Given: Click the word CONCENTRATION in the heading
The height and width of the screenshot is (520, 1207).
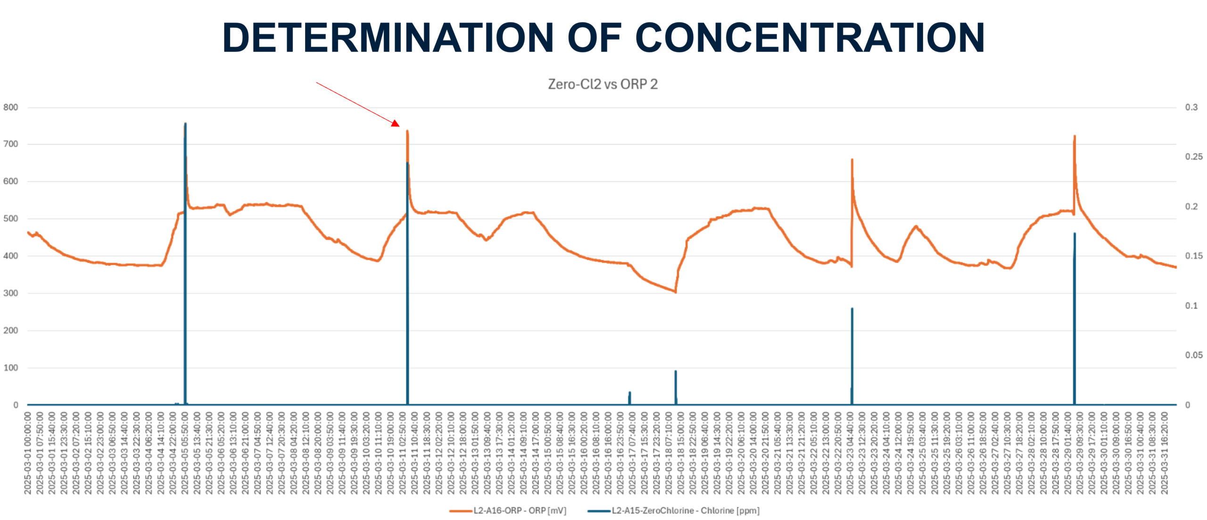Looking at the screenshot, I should [810, 38].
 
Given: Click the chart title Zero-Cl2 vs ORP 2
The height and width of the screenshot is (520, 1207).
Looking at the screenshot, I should [603, 84].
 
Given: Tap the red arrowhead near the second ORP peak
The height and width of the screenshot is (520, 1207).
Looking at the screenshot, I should [396, 124].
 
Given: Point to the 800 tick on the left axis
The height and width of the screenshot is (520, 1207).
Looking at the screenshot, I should [11, 107].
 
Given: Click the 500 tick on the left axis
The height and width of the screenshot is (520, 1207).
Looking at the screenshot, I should [11, 219].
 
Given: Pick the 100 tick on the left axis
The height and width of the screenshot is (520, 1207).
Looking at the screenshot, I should [11, 368].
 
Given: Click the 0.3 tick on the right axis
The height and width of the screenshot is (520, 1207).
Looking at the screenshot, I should [1191, 107].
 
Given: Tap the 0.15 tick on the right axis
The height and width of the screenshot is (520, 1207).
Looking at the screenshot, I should [1193, 256].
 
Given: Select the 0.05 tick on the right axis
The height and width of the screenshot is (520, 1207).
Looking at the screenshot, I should [1193, 355].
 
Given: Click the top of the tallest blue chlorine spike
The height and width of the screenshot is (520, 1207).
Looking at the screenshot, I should [185, 124].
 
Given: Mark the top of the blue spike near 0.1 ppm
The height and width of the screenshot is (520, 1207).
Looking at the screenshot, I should [852, 309].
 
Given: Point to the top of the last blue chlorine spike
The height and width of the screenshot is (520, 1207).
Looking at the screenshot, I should [1075, 233].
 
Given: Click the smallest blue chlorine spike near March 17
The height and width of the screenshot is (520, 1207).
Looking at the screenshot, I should [629, 393].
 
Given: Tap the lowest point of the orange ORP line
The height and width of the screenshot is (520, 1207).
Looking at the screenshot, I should [675, 292].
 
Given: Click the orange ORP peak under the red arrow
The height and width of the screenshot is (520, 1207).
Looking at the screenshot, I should [407, 132].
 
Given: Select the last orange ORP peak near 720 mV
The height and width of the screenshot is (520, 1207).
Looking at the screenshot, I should [1075, 137].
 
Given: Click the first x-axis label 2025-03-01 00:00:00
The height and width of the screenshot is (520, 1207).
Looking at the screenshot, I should [28, 453].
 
